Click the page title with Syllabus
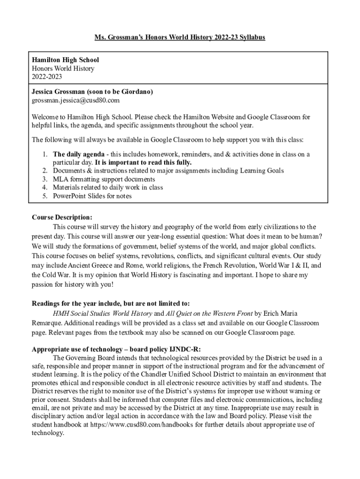(180, 37)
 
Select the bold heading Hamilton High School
(65, 60)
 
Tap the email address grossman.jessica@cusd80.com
(76, 100)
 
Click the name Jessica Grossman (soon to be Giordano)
(92, 92)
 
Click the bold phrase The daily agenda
(78, 154)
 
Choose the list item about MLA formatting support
(104, 179)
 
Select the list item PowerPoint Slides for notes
(92, 196)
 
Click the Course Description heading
(62, 218)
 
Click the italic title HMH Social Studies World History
(102, 313)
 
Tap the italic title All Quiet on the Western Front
(209, 313)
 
